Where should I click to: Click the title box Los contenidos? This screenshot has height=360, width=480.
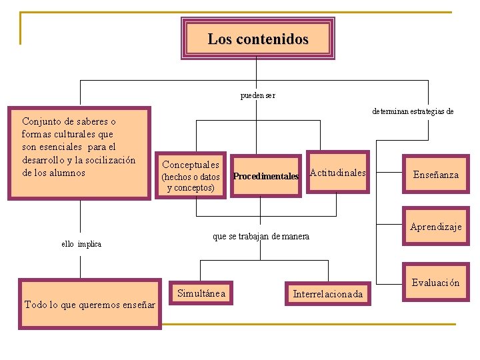(x=258, y=39)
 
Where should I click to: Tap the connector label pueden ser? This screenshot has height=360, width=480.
(x=257, y=95)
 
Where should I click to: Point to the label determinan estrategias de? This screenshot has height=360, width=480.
(x=413, y=111)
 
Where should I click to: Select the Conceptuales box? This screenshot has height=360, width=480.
(x=191, y=165)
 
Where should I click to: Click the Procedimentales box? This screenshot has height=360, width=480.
(x=266, y=176)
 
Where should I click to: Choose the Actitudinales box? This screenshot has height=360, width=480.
(x=338, y=173)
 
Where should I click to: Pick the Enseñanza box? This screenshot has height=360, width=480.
(x=436, y=175)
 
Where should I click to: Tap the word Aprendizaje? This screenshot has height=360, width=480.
(x=436, y=227)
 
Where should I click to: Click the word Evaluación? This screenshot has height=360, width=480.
(x=435, y=283)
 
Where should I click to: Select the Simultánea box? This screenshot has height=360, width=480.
(x=201, y=293)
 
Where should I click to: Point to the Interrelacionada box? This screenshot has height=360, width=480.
(x=328, y=294)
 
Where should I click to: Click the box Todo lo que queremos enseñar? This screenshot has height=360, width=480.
(x=90, y=305)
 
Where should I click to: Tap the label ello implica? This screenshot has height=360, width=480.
(x=81, y=244)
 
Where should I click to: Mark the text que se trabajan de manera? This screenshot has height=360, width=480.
(x=261, y=236)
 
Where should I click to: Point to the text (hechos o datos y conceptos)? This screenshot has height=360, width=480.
(x=191, y=182)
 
